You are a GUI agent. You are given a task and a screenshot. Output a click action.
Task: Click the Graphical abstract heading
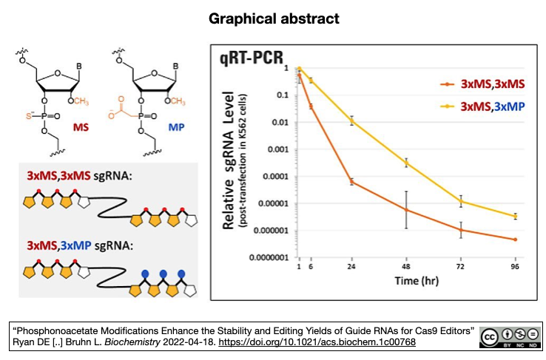click(273, 17)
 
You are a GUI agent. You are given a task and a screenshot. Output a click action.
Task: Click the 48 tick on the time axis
click(405, 267)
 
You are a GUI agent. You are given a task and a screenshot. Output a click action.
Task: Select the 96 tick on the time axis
click(514, 267)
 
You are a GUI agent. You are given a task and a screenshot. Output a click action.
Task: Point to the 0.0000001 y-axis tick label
click(268, 257)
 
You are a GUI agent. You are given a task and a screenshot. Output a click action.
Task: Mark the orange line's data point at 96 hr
click(514, 240)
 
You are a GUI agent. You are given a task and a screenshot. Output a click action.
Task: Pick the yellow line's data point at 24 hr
click(351, 120)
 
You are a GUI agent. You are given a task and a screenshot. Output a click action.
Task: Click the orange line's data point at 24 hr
click(351, 181)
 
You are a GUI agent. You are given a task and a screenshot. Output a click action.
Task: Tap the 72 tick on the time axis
click(460, 267)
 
